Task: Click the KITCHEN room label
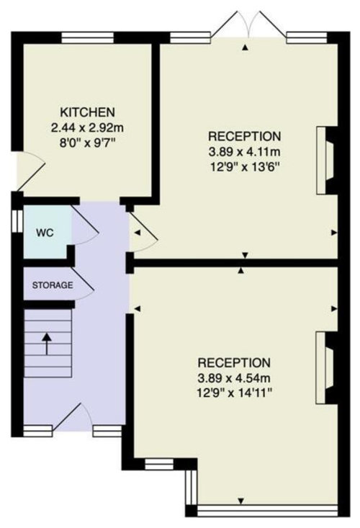(87, 112)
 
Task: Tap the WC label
(45, 233)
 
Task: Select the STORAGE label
(52, 285)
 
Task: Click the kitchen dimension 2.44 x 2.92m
(87, 127)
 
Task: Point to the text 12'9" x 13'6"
(245, 167)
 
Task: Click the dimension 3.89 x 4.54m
(234, 378)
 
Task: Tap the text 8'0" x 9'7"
(87, 143)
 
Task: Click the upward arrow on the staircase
(46, 344)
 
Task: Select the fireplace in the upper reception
(325, 161)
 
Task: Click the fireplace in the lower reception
(324, 367)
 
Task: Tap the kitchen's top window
(87, 37)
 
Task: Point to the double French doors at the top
(248, 25)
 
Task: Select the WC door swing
(85, 224)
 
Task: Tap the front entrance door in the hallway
(71, 418)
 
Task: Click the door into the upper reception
(144, 233)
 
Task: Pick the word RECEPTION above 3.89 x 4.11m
(245, 136)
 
